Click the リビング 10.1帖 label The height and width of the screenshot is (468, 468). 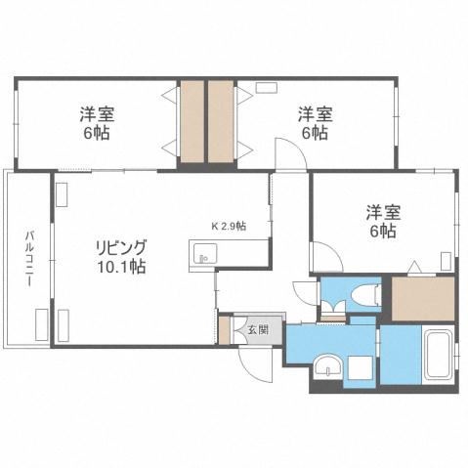click(121, 256)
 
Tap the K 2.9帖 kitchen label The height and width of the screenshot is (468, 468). click(229, 226)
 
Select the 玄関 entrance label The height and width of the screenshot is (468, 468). click(257, 329)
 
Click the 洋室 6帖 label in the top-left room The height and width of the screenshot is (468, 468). click(96, 123)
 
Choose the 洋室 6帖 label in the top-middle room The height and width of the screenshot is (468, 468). click(315, 123)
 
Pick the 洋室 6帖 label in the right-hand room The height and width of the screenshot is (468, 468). click(382, 221)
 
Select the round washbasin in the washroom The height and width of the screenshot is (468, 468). click(329, 368)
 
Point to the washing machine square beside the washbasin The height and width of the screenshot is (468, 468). click(359, 368)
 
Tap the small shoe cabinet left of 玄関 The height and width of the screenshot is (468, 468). click(225, 329)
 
